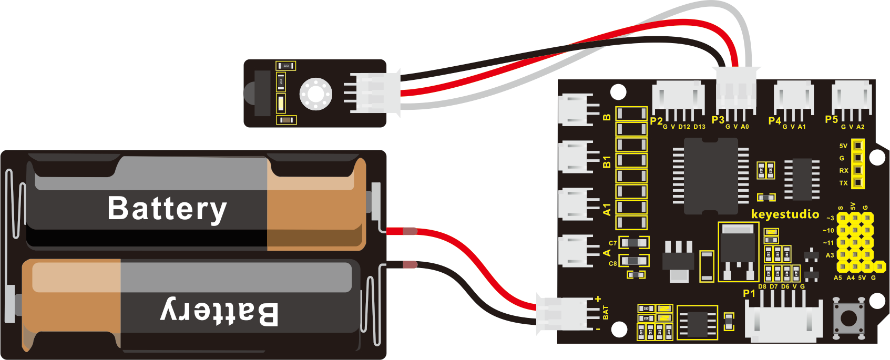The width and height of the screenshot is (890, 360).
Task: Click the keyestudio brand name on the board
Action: [785, 214]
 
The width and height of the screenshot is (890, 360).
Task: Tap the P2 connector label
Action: [656, 121]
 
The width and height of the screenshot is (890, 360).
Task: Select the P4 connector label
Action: [774, 121]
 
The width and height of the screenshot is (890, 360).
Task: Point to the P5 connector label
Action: [831, 120]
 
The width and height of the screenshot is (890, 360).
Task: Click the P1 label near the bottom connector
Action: [749, 293]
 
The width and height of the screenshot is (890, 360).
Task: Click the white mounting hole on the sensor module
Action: [315, 94]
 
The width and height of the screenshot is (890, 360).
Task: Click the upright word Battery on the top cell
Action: [167, 208]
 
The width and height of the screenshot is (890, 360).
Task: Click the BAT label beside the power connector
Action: [606, 313]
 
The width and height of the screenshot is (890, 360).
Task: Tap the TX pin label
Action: [843, 183]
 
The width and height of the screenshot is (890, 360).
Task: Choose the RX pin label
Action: [843, 171]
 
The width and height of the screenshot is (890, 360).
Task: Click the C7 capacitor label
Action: [612, 243]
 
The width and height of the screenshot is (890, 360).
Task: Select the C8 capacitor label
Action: [612, 263]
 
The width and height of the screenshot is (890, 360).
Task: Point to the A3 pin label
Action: [830, 255]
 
